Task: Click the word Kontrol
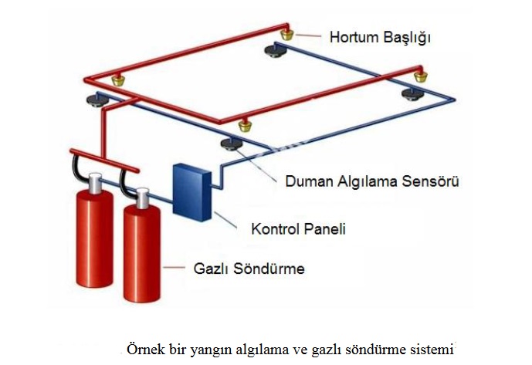click(276, 229)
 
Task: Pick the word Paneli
click(326, 229)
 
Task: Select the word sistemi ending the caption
click(433, 347)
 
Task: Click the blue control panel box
click(190, 190)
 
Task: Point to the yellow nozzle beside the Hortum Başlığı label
click(287, 34)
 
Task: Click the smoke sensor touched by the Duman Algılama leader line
click(229, 144)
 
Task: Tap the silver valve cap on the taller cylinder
click(94, 183)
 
